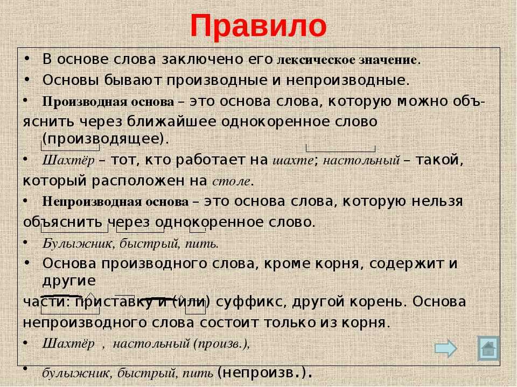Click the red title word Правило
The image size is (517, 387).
click(258, 26)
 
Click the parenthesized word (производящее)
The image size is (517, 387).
click(106, 139)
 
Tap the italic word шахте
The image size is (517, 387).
click(293, 161)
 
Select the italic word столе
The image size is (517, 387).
click(232, 181)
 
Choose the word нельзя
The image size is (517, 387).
click(437, 202)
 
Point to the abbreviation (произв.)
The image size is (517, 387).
click(221, 344)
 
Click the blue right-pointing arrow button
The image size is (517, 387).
click(446, 348)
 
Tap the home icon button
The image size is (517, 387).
click(488, 348)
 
